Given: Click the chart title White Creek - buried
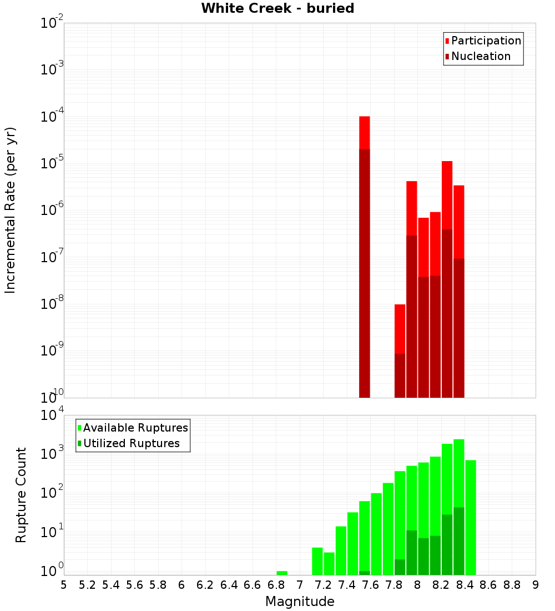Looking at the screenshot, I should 277,8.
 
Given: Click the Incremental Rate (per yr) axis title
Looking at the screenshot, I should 11,211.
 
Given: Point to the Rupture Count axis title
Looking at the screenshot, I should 21,495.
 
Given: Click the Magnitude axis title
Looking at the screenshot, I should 300,602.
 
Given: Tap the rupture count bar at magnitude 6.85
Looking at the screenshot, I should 282,573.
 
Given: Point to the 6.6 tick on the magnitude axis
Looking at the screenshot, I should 253,585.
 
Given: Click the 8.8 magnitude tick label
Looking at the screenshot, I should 512,585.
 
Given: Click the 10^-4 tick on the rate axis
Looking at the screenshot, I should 52,117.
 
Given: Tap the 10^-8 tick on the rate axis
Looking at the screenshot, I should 52,304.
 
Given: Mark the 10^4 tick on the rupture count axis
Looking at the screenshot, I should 52,415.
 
